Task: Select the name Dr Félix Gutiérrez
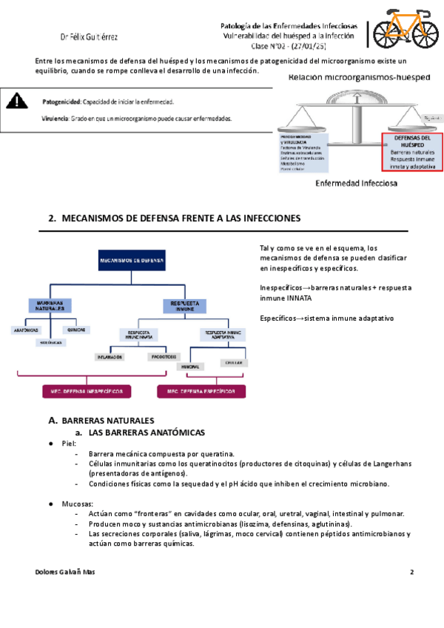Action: (89, 36)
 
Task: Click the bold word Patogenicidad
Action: (61, 101)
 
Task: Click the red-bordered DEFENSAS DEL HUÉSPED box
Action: (411, 152)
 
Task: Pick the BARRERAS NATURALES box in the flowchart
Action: (50, 305)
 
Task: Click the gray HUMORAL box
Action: (191, 366)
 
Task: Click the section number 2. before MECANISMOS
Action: (52, 218)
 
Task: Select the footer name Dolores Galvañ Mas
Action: (65, 572)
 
